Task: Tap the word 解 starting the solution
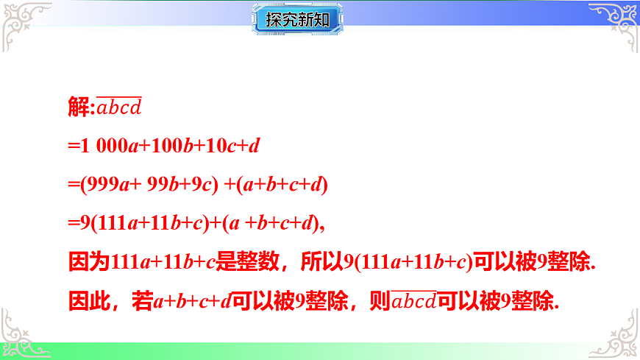coord(78,108)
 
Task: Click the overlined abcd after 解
coord(119,108)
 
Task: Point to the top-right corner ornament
coord(616,22)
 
